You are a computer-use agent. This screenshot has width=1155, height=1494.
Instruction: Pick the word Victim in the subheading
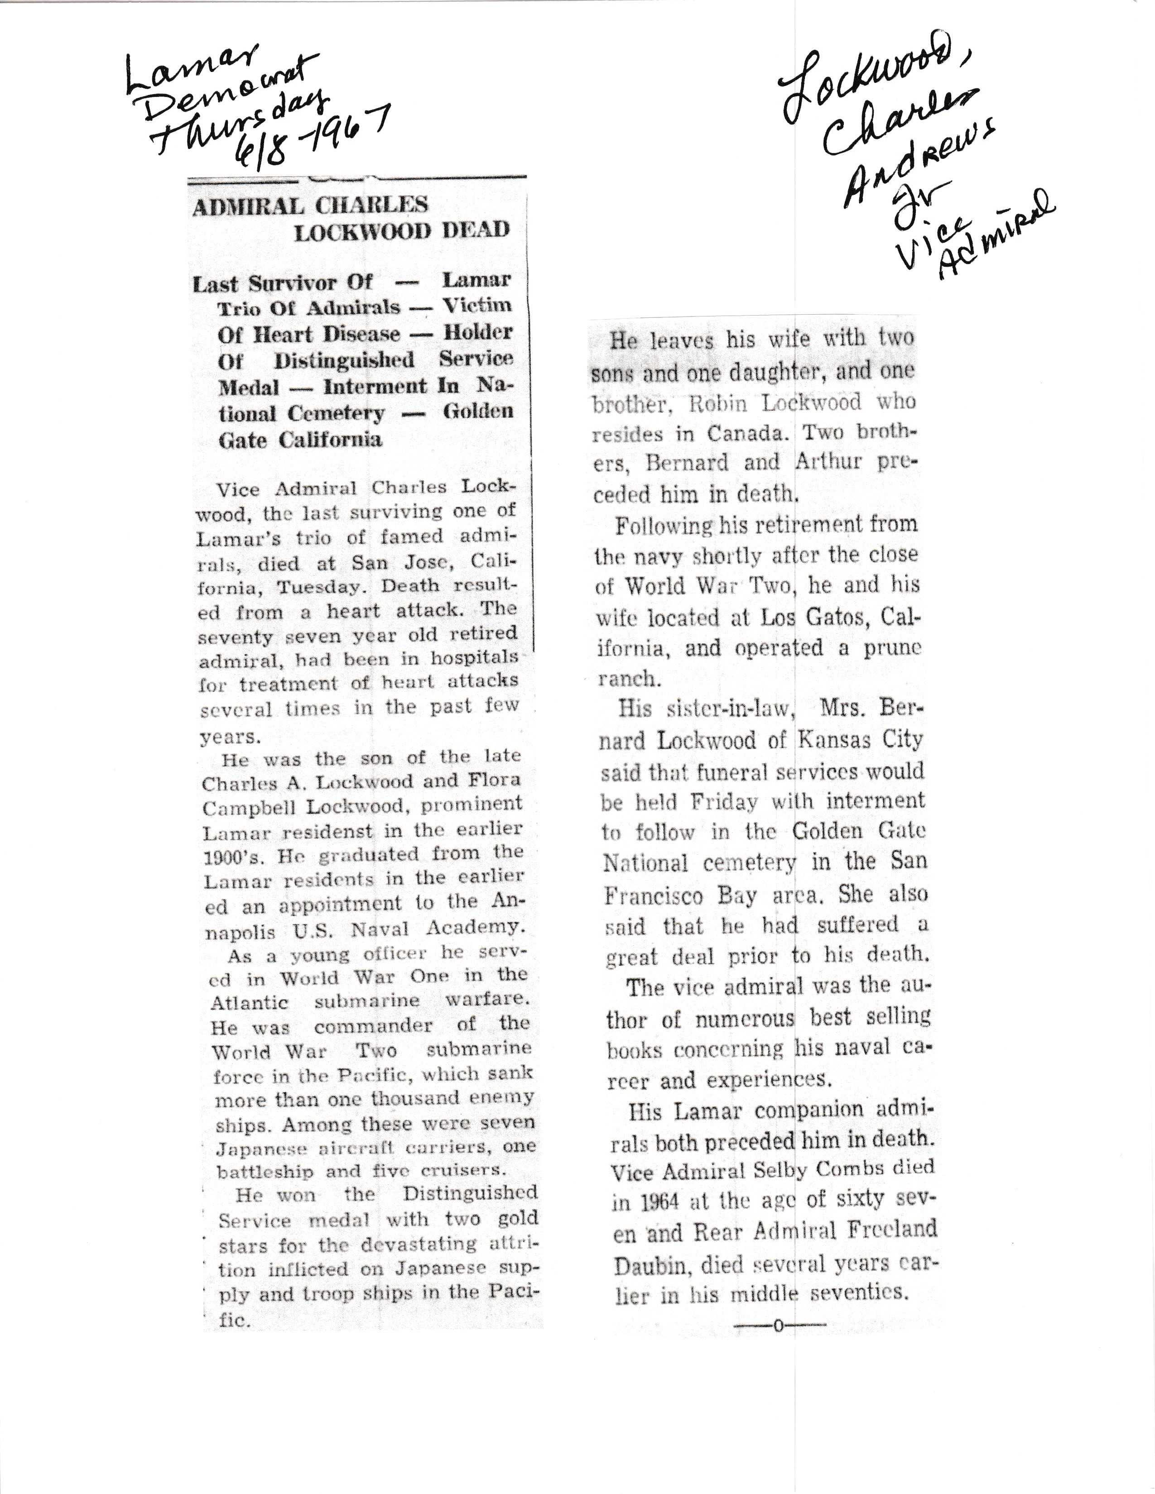coord(477,305)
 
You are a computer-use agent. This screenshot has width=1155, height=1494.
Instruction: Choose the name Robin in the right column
coord(718,403)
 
